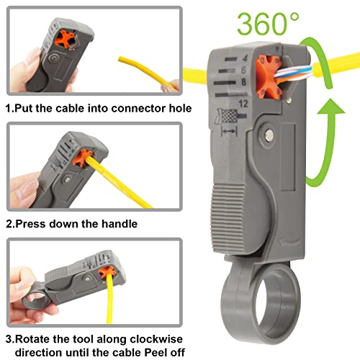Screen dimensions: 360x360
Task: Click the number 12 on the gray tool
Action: (256, 105)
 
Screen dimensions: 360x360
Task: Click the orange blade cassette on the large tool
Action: (279, 78)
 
